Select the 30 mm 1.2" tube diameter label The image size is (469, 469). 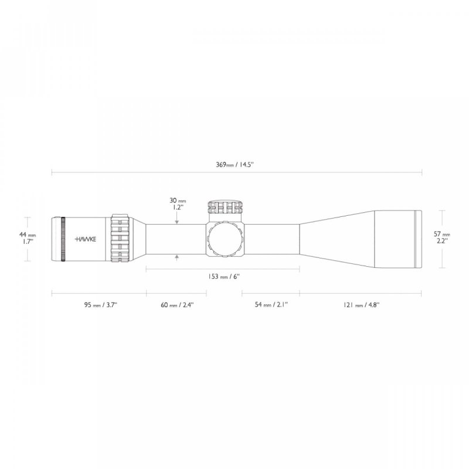(x=177, y=203)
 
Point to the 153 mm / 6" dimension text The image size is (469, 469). (x=224, y=277)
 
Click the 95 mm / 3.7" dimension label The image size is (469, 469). (x=100, y=305)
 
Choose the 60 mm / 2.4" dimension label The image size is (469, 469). (x=176, y=305)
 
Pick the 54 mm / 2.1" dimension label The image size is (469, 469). (x=271, y=305)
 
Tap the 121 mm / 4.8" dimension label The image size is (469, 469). (x=362, y=305)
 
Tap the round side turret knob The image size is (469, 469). (x=224, y=239)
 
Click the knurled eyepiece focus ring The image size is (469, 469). (x=62, y=239)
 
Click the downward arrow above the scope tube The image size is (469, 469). (x=177, y=220)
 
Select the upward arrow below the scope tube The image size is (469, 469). (x=177, y=258)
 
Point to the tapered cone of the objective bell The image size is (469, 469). (x=334, y=239)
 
